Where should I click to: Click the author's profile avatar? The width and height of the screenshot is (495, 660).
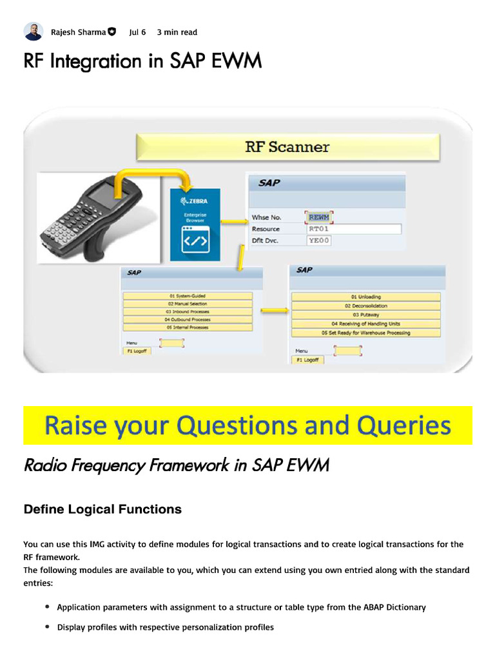click(x=34, y=32)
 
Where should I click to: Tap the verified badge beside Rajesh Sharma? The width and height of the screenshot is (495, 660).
click(x=112, y=32)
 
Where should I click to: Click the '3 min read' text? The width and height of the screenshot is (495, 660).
click(x=177, y=32)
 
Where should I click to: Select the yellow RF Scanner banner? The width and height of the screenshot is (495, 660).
click(x=287, y=147)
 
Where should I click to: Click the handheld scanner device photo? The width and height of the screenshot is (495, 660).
click(x=98, y=218)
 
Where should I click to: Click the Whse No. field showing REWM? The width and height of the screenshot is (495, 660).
click(x=319, y=217)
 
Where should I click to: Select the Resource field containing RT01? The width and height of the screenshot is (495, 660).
click(x=354, y=229)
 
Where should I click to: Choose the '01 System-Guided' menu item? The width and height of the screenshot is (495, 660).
click(x=187, y=296)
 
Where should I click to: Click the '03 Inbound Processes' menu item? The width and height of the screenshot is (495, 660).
click(x=187, y=311)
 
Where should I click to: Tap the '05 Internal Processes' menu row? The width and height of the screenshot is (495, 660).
click(x=187, y=327)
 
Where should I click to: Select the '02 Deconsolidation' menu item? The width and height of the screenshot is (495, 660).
click(x=366, y=306)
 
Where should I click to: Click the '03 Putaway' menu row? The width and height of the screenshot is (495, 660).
click(x=366, y=315)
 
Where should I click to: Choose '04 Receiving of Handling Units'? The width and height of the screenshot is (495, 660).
click(x=366, y=324)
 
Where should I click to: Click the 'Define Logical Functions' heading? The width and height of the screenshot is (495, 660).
click(x=102, y=510)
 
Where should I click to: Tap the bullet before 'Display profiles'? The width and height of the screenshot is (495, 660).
click(x=48, y=626)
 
